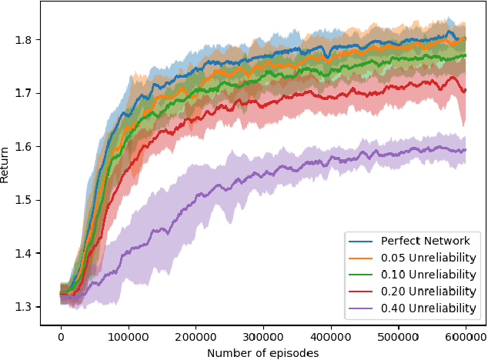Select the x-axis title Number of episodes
(262, 352)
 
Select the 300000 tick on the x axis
(264, 336)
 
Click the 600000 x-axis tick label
(466, 336)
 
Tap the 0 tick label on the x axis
(62, 336)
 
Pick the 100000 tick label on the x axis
(129, 336)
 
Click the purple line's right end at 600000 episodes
(466, 150)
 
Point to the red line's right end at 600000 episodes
(466, 88)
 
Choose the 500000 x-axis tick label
(399, 336)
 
